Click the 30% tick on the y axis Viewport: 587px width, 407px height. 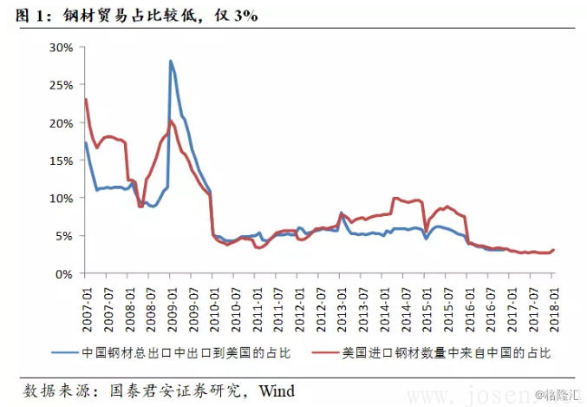pos(61,47)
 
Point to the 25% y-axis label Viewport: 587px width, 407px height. pos(61,85)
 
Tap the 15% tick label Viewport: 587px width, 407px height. pos(61,161)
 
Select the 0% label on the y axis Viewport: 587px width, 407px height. pos(64,273)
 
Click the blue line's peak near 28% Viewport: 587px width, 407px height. pos(170,61)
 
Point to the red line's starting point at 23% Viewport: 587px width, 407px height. pos(85,99)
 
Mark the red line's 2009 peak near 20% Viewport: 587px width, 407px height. pos(171,120)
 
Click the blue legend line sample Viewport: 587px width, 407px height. pos(63,353)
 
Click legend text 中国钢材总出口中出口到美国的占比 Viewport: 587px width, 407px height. pos(186,353)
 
